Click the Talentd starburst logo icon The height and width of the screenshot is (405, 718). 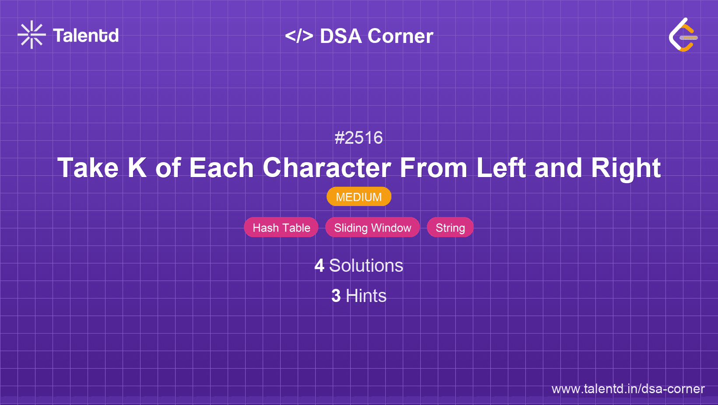(32, 35)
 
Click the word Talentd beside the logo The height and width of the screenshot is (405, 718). (86, 36)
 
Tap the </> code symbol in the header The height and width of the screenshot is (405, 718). (299, 36)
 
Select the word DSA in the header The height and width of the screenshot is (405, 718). (341, 36)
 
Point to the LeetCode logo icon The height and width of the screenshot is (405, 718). (683, 35)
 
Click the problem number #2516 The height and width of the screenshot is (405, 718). (359, 138)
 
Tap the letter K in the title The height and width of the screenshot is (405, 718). (137, 168)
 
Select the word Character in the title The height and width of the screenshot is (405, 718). (327, 168)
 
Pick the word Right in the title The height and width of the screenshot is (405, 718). (626, 168)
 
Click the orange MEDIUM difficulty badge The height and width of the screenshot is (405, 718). (359, 197)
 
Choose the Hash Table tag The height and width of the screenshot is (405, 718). (281, 227)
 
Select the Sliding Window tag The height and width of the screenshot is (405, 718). (373, 227)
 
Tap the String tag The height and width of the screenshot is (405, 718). (450, 227)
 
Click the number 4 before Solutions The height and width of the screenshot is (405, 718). (319, 266)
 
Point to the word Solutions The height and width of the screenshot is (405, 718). (366, 266)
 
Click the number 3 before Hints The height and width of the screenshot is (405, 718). (336, 296)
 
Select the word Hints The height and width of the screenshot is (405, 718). (366, 296)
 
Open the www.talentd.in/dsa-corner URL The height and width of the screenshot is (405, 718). (628, 389)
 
